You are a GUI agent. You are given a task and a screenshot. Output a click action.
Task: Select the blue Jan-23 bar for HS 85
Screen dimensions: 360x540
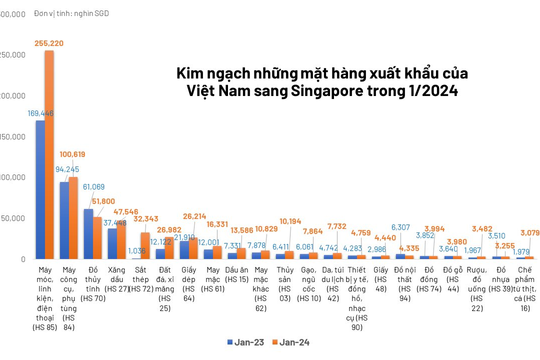point(40,190)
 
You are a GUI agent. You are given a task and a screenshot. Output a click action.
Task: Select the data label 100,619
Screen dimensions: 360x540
point(73,154)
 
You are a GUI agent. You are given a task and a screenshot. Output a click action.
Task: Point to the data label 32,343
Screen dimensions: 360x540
point(145,218)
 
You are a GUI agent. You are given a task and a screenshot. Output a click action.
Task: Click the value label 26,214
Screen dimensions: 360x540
point(194,216)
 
